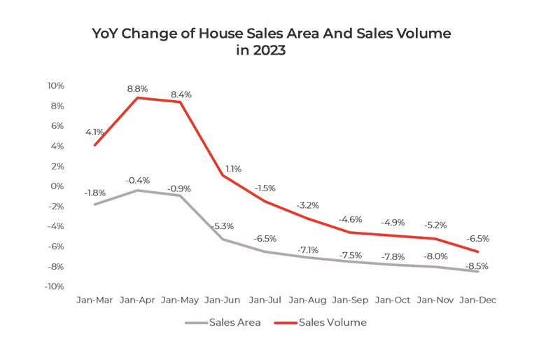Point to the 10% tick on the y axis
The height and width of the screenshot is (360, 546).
click(55, 86)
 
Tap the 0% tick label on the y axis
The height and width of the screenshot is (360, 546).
click(58, 186)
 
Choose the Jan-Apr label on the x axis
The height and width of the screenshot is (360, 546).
click(138, 300)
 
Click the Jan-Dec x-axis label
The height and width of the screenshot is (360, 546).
click(478, 300)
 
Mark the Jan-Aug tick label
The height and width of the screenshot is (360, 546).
click(308, 300)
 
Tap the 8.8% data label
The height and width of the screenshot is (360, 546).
click(137, 89)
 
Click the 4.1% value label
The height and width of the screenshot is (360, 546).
click(94, 132)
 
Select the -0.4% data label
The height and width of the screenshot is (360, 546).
click(137, 181)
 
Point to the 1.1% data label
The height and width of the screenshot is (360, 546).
click(233, 169)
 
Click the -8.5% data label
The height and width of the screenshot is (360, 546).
click(477, 266)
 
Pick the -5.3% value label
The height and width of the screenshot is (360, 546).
click(223, 226)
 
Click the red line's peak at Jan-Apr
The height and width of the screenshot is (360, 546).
click(137, 98)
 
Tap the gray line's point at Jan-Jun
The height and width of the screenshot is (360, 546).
click(223, 239)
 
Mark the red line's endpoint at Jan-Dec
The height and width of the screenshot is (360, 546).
click(478, 251)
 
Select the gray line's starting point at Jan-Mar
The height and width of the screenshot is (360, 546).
click(94, 205)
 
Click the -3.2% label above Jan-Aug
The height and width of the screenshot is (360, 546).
click(308, 206)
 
